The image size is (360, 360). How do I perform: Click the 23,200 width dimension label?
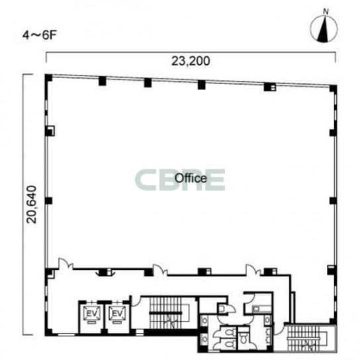[x=191, y=62]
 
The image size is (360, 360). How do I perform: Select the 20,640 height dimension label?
[x=32, y=204]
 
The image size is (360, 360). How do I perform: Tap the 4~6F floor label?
[x=40, y=35]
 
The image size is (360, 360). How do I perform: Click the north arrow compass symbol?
[x=324, y=28]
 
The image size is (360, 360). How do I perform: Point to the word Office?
[x=191, y=178]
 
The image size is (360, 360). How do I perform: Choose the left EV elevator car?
[x=91, y=314]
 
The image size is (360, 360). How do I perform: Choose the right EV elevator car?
[x=117, y=314]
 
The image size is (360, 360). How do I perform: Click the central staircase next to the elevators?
[x=169, y=313]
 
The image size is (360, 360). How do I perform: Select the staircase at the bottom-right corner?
[x=308, y=339]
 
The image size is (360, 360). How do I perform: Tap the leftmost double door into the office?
[x=66, y=264]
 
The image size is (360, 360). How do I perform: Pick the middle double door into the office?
[x=160, y=270]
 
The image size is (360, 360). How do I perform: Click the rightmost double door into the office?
[x=253, y=270]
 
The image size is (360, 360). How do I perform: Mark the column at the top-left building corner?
[x=48, y=77]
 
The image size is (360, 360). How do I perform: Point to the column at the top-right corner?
[x=333, y=89]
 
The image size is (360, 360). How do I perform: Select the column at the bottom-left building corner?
[x=48, y=332]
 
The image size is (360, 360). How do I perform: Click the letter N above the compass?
[x=326, y=11]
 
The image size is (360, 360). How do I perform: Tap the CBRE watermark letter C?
[x=146, y=180]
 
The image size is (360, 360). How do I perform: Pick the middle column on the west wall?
[x=48, y=201]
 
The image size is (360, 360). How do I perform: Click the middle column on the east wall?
[x=333, y=201]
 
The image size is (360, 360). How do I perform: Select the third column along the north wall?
[x=201, y=85]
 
